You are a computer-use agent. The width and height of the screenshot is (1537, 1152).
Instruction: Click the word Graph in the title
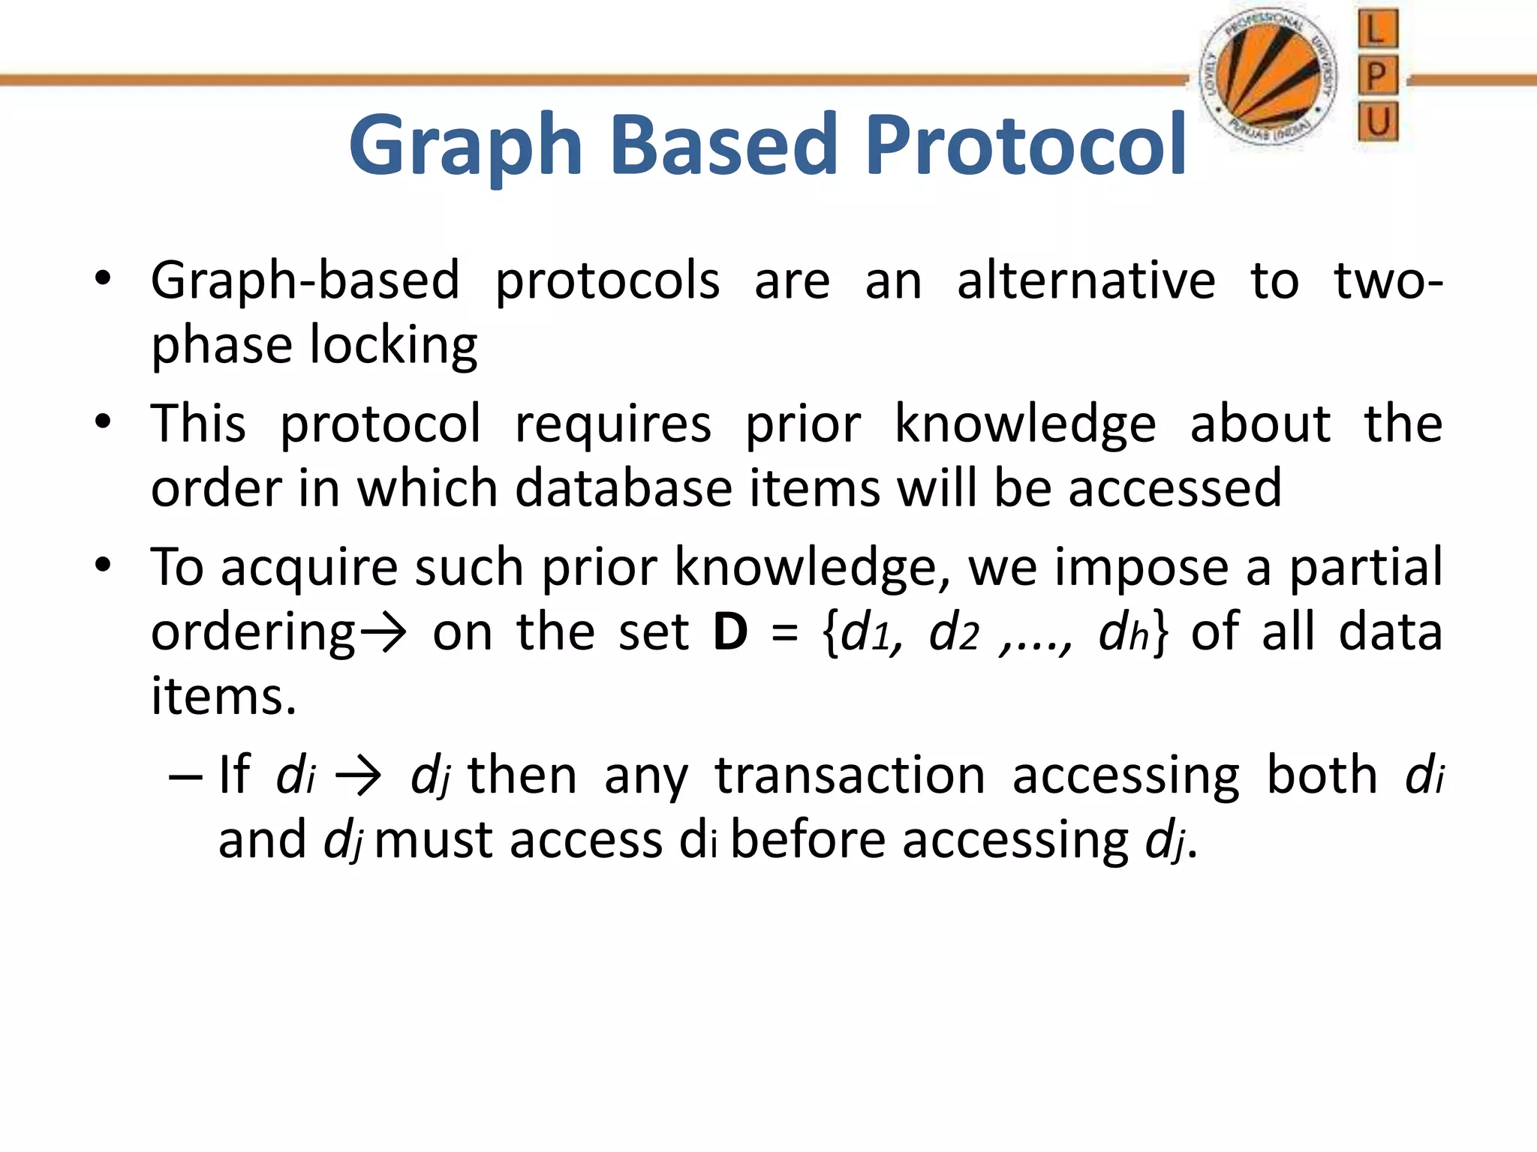[465, 146]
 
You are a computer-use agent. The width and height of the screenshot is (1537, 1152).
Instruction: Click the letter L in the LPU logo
[1377, 30]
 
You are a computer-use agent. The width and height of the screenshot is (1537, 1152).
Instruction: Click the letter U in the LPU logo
[1378, 122]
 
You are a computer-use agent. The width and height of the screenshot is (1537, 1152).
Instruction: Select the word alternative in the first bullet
[1085, 281]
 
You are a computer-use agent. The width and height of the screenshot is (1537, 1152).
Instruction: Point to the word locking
[393, 346]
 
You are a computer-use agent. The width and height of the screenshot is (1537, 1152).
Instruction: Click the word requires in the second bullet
[612, 424]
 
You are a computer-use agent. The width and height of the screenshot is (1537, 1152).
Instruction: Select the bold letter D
[729, 632]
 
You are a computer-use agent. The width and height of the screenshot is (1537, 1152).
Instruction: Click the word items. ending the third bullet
[224, 697]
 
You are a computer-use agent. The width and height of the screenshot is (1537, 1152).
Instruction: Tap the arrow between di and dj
[358, 777]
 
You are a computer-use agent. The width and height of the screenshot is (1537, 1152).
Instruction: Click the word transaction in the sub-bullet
[850, 775]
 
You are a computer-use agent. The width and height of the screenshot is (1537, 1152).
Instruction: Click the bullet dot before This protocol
[103, 421]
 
